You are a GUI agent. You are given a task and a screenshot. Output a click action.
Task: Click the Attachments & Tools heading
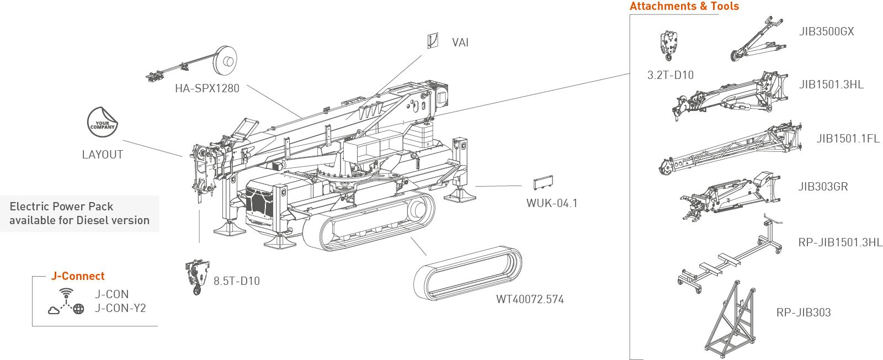tap(684, 6)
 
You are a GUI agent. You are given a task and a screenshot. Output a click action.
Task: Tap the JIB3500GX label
tap(826, 31)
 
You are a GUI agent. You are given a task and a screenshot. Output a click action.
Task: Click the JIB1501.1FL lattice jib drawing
tap(730, 149)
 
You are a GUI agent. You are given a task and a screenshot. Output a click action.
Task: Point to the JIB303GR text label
tap(823, 187)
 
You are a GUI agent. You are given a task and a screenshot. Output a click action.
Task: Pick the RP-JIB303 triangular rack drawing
tap(731, 319)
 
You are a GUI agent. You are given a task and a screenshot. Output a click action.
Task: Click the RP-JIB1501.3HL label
tap(840, 242)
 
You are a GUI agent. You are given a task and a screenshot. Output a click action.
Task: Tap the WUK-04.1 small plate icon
tap(543, 183)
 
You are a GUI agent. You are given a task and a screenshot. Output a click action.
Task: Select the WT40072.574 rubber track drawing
tap(467, 273)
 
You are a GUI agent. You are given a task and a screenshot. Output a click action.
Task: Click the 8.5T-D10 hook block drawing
tap(196, 277)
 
